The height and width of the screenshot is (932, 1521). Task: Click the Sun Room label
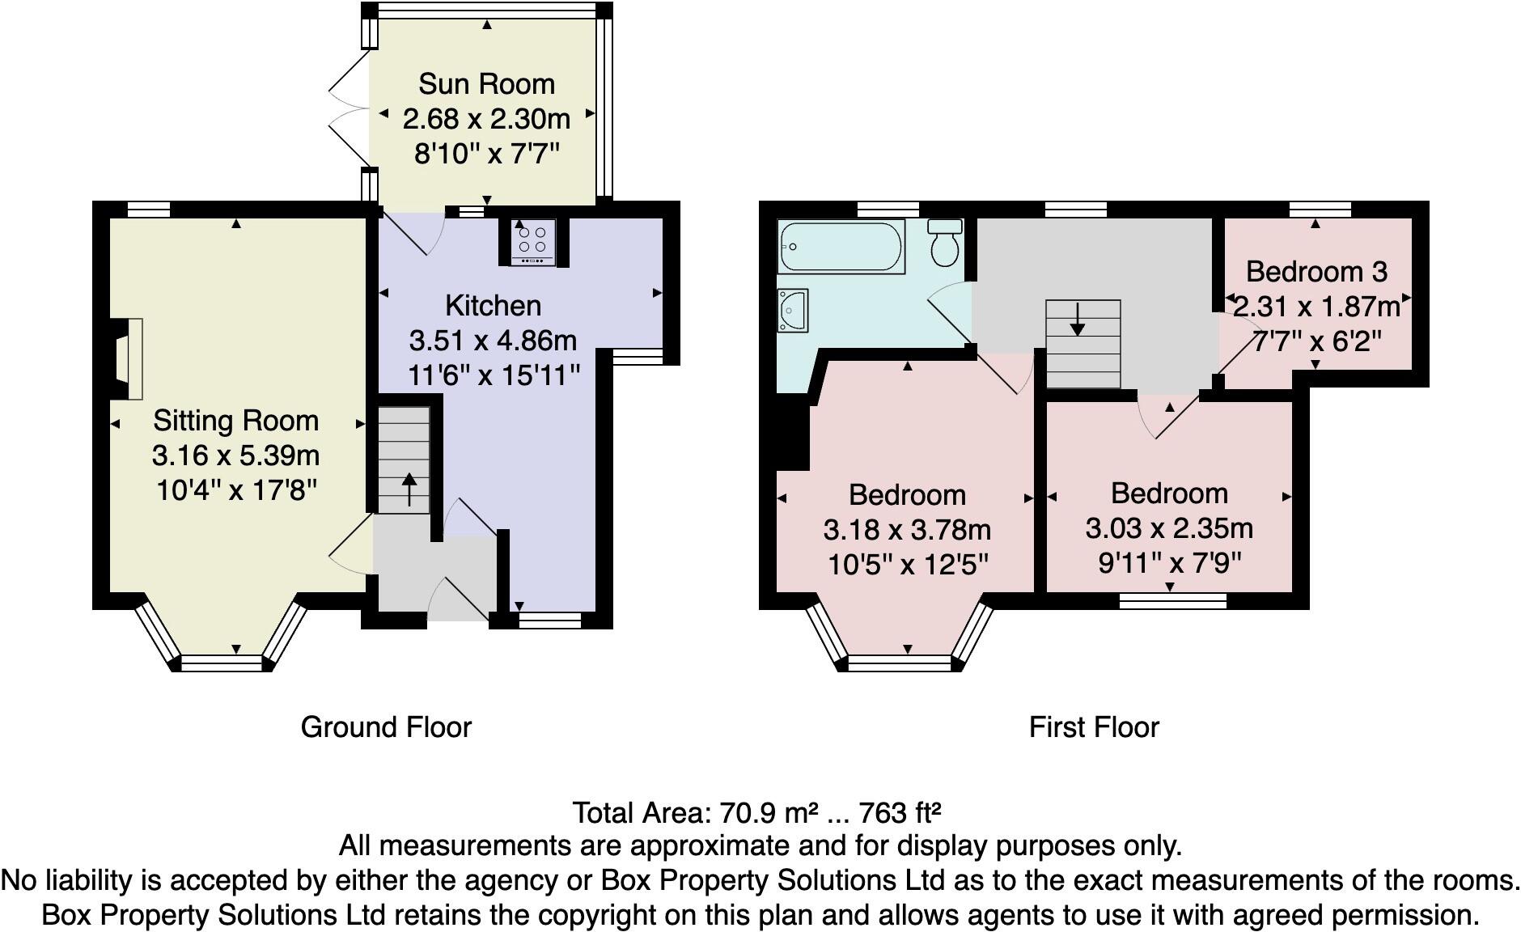(486, 84)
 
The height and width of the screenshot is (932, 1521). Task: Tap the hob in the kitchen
(532, 242)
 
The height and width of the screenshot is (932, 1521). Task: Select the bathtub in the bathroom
(841, 246)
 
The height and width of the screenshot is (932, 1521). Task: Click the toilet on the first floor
(944, 242)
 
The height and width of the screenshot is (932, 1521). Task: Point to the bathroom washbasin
(793, 311)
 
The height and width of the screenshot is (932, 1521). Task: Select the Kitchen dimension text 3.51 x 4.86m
(493, 341)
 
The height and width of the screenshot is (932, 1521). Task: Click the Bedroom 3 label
(1316, 272)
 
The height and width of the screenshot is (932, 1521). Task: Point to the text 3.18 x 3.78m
(907, 530)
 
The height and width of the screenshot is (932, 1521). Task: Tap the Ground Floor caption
(386, 727)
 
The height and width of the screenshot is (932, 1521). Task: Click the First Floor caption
(1093, 727)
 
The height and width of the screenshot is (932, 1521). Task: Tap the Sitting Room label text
(235, 421)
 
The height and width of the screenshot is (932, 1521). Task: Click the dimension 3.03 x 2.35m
(1169, 528)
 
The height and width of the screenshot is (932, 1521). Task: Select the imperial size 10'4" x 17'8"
(235, 490)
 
